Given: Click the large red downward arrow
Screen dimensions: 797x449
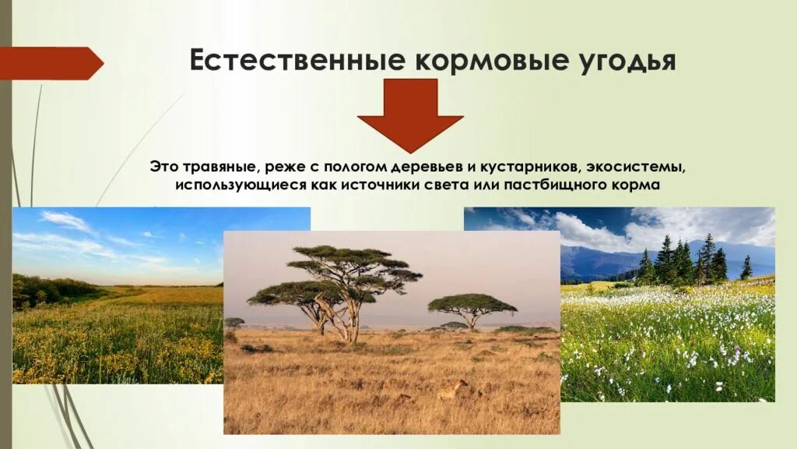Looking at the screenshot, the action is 410,114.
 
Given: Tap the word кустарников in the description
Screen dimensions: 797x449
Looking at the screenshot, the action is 521,168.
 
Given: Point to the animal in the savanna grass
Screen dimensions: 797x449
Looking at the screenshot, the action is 453,389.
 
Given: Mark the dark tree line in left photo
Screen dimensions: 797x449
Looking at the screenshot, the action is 47,291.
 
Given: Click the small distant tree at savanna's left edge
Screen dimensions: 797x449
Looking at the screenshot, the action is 233,322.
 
